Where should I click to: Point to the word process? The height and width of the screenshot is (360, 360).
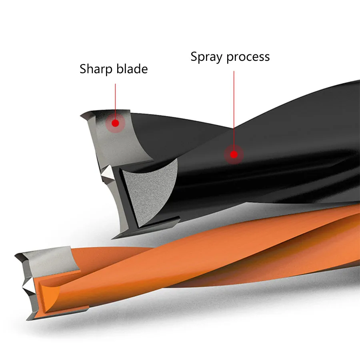coord(248,56)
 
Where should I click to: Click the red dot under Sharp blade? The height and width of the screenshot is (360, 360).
coord(116,123)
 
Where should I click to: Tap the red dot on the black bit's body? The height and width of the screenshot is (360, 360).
coord(234,154)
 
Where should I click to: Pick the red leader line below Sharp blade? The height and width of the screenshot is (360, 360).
coord(116,100)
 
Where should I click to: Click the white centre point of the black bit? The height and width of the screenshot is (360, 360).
coord(107,173)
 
